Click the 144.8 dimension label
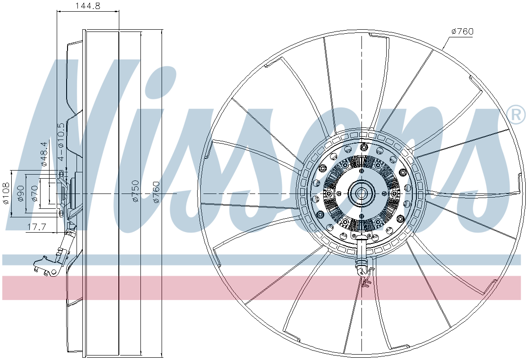click(88, 6)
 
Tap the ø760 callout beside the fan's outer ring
click(462, 31)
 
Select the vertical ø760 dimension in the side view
click(156, 192)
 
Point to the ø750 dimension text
click(135, 191)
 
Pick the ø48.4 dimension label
click(44, 154)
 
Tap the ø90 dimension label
click(20, 193)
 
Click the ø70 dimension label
click(34, 193)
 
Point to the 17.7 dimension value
click(37, 227)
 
